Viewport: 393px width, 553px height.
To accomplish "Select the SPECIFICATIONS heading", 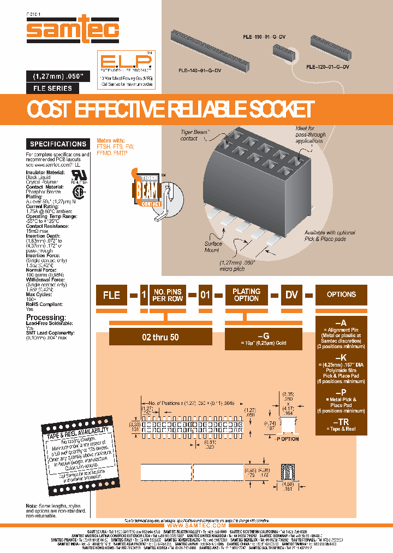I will coord(58,144).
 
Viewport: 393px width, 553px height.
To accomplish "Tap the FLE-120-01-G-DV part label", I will coord(327,67).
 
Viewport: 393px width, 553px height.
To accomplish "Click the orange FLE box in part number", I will coord(112,295).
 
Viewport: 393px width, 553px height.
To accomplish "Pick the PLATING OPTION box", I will coord(246,295).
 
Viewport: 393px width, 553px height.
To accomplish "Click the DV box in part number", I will coord(292,295).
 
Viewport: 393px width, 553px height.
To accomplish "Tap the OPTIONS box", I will coord(341,295).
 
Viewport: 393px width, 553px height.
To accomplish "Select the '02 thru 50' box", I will coord(160,337).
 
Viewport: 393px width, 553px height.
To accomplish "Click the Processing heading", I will coord(46,317).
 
